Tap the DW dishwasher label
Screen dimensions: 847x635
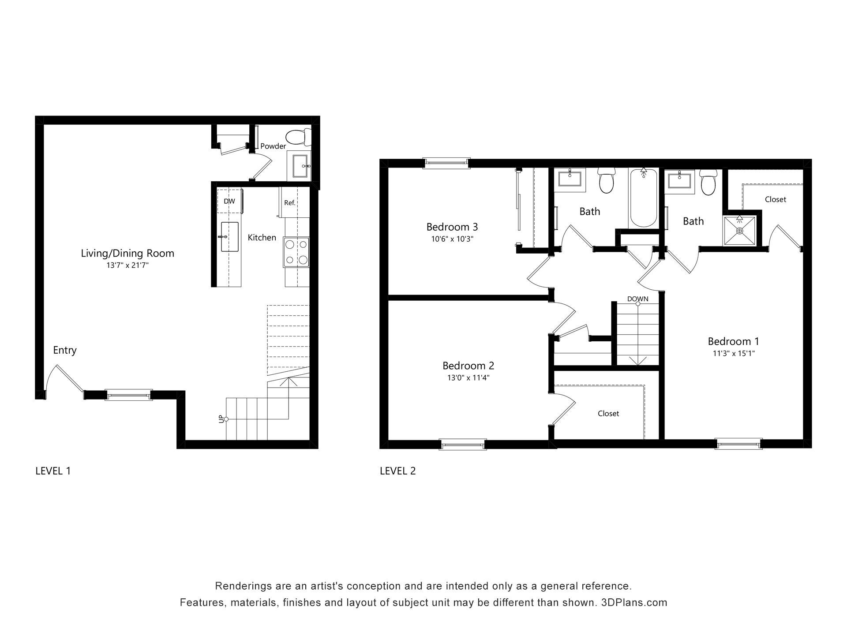[229, 201]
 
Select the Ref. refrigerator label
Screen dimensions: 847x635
[289, 203]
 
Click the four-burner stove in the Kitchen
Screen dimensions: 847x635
[296, 252]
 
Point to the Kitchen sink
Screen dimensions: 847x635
[229, 237]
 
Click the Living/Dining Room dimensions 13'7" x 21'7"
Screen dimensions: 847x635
[127, 265]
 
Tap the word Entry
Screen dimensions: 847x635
[65, 350]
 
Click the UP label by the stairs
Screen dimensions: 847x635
[221, 419]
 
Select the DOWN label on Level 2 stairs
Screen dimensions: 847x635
[638, 299]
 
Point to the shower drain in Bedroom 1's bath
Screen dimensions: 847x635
[740, 231]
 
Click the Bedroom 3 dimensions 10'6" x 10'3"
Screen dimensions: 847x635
[452, 239]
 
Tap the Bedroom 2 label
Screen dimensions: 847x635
[468, 366]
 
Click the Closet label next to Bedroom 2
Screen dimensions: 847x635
[608, 413]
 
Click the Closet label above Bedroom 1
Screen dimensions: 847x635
[776, 199]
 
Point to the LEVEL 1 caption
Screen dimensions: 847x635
[53, 471]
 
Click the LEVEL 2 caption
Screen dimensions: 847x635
[398, 471]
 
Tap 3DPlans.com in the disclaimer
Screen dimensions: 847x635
[634, 602]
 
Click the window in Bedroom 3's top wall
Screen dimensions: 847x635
[446, 163]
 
